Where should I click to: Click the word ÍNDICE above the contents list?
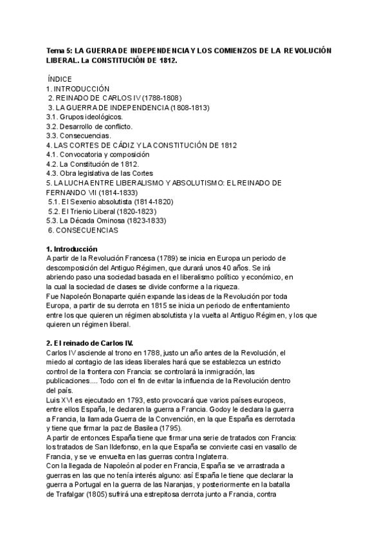pos(64,79)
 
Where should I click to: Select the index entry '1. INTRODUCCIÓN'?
pos(78,88)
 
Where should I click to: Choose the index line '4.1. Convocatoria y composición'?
pos(99,155)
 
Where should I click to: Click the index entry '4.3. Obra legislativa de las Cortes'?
pos(102,173)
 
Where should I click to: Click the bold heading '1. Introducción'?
pos(72,249)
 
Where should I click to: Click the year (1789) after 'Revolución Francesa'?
pos(168,258)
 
